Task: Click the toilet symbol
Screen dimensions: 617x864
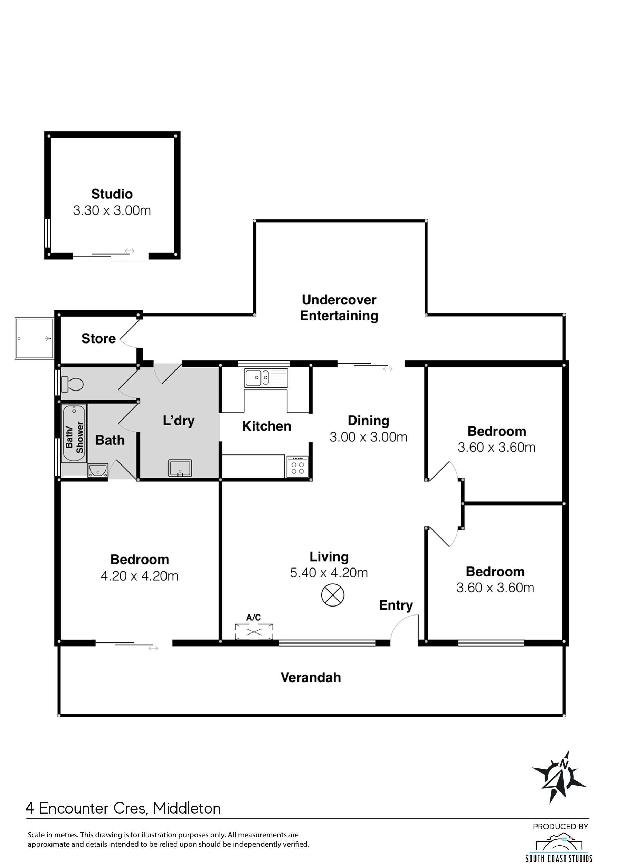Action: [x=72, y=384]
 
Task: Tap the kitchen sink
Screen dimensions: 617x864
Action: [x=266, y=378]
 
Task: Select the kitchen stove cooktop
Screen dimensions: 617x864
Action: [x=297, y=467]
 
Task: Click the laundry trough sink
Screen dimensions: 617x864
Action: [x=180, y=468]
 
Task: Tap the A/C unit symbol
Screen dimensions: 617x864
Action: [x=254, y=632]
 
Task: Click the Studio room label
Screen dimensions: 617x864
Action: [x=112, y=194]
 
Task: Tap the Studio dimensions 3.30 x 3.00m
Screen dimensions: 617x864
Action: [x=112, y=210]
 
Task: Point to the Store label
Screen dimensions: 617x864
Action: [x=98, y=338]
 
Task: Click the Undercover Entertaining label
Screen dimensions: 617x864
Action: [x=339, y=308]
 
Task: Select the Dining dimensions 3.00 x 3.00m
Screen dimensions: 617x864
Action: [x=368, y=437]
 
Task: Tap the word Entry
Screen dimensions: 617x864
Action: [x=396, y=605]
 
